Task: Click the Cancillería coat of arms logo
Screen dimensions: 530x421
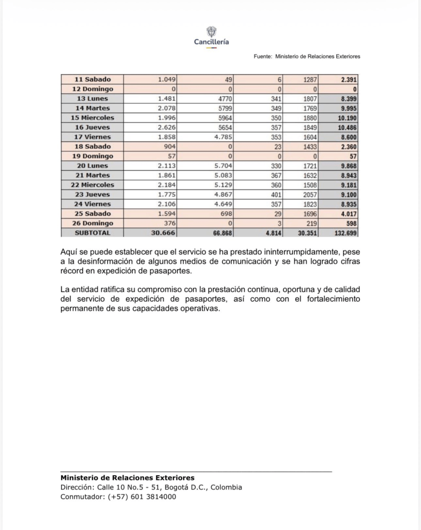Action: pos(211,31)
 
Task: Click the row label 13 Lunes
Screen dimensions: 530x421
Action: pos(92,98)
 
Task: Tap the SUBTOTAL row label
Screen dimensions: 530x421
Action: pos(92,233)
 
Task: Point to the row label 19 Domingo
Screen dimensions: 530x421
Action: pos(92,156)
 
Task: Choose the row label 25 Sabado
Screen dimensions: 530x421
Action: pos(92,214)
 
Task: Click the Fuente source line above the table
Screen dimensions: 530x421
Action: pos(307,56)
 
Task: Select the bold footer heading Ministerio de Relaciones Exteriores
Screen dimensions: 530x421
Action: pos(127,478)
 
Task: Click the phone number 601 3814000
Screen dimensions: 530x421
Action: pos(153,497)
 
